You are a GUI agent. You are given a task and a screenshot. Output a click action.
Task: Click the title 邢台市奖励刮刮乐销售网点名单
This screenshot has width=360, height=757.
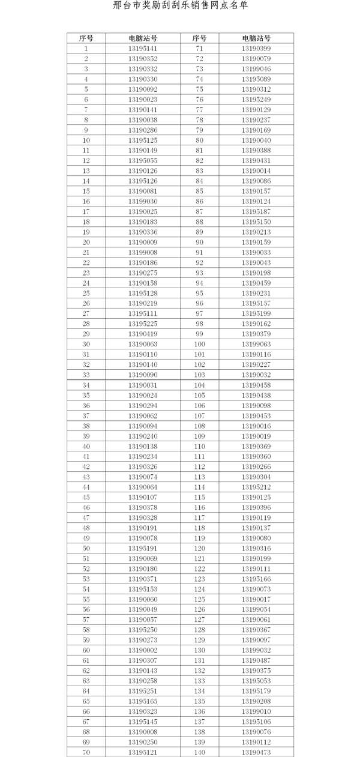pyautogui.click(x=180, y=5)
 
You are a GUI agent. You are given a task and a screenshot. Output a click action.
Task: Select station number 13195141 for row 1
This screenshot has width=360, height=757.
pyautogui.click(x=143, y=48)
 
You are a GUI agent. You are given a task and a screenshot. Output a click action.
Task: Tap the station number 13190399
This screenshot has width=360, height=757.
pyautogui.click(x=256, y=48)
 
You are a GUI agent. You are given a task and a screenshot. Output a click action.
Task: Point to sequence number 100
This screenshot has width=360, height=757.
pyautogui.click(x=199, y=344)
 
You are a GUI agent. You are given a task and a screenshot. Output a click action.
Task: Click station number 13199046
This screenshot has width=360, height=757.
pyautogui.click(x=256, y=68)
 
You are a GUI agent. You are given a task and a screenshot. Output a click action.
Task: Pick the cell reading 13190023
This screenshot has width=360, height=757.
pyautogui.click(x=143, y=99)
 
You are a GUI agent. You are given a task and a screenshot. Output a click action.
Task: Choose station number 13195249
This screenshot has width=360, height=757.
pyautogui.click(x=256, y=99)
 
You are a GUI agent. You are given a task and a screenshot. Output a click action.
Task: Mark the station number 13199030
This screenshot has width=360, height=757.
pyautogui.click(x=143, y=201)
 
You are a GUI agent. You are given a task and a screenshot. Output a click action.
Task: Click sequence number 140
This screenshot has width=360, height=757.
pyautogui.click(x=199, y=752)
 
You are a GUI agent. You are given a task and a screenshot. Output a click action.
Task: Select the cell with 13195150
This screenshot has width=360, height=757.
pyautogui.click(x=256, y=222)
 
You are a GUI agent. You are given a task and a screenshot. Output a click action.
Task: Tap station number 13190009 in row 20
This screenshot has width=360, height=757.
pyautogui.click(x=143, y=242)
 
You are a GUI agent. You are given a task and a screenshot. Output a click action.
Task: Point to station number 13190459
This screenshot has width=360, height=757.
pyautogui.click(x=256, y=283)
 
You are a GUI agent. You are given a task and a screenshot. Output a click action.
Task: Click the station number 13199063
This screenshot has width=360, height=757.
pyautogui.click(x=256, y=344)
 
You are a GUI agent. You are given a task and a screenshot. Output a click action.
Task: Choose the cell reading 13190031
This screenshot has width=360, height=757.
pyautogui.click(x=143, y=385)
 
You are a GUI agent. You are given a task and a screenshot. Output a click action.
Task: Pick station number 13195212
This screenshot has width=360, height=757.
pyautogui.click(x=256, y=487)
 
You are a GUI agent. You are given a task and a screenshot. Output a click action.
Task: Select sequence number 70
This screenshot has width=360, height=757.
pyautogui.click(x=86, y=752)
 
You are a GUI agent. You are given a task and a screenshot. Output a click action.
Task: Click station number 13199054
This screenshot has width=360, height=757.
pyautogui.click(x=256, y=609)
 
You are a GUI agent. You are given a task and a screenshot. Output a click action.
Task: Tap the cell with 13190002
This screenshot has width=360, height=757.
pyautogui.click(x=143, y=650)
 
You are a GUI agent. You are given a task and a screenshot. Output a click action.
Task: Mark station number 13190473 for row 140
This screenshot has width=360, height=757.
pyautogui.click(x=256, y=752)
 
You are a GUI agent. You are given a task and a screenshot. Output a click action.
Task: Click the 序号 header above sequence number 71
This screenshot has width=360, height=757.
pyautogui.click(x=199, y=38)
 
